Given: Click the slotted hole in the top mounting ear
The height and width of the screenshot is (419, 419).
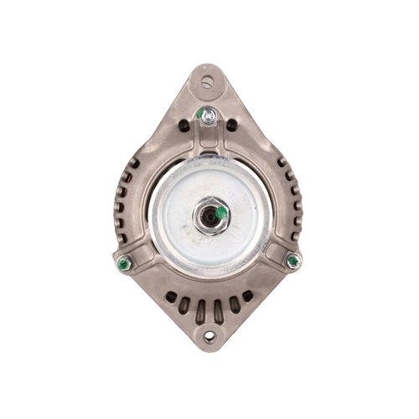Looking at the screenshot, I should click(x=209, y=81).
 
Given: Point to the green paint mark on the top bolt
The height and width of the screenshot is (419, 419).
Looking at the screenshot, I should click(x=202, y=115).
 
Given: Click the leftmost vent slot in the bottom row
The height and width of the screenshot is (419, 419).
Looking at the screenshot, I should click(x=171, y=297).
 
